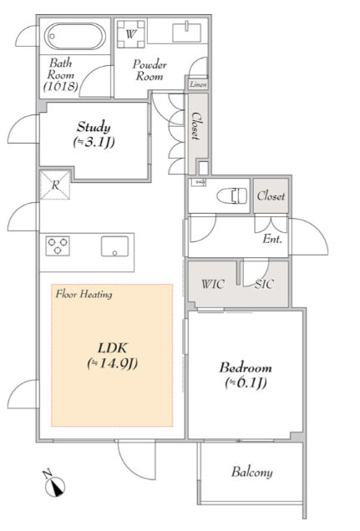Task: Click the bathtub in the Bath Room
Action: (x=75, y=36)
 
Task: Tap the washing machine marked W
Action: (x=131, y=34)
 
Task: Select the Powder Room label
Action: (x=150, y=70)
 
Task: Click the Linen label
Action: (x=198, y=84)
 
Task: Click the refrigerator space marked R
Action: (x=55, y=185)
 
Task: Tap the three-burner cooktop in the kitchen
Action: (x=58, y=245)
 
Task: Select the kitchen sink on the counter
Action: (x=114, y=246)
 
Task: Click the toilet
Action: (x=232, y=196)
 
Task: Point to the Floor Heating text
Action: (x=84, y=294)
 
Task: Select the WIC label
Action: (x=212, y=284)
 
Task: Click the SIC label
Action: (x=264, y=284)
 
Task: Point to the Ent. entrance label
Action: (x=272, y=239)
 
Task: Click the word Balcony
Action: (x=252, y=472)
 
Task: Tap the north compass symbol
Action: (x=54, y=484)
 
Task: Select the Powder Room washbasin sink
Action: (x=187, y=33)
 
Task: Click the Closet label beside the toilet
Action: (x=271, y=195)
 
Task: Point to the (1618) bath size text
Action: (x=61, y=86)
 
